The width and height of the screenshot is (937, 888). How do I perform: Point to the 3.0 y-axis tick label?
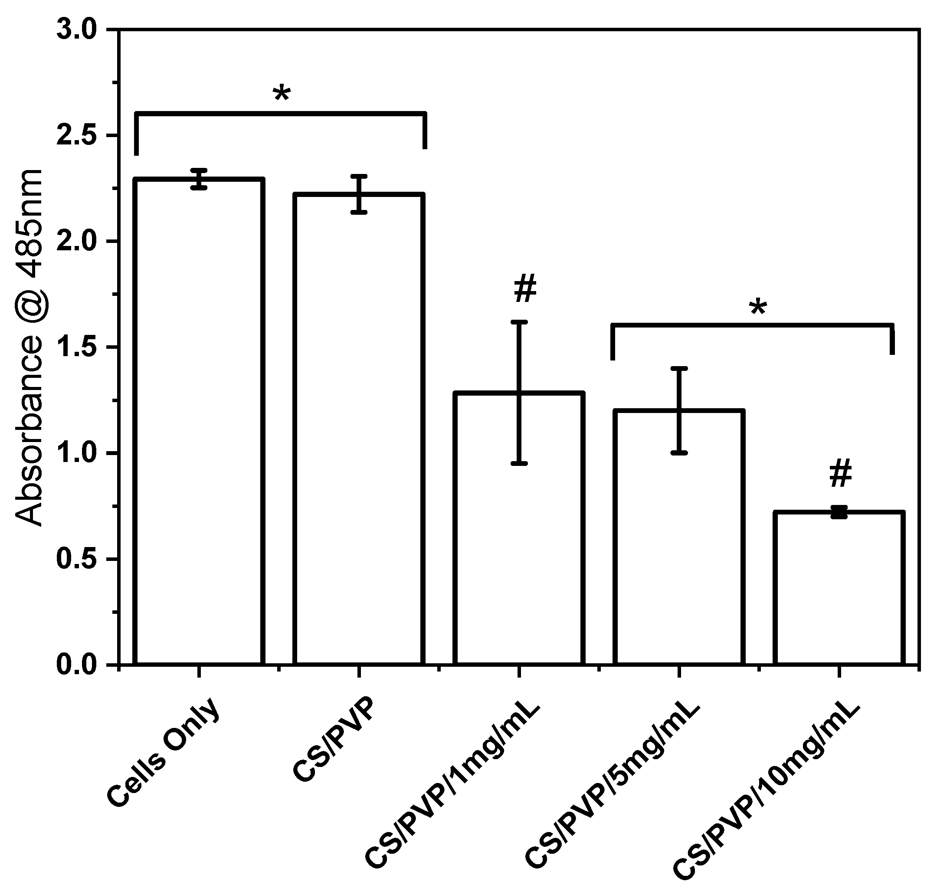click(x=76, y=29)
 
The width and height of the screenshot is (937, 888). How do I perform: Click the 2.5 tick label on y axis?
click(x=76, y=135)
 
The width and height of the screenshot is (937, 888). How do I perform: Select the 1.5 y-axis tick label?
click(x=76, y=347)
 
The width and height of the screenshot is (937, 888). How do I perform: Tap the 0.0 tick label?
click(x=76, y=665)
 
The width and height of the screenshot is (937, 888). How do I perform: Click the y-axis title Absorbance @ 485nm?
click(x=29, y=347)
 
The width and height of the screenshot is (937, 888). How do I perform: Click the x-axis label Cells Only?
click(x=163, y=753)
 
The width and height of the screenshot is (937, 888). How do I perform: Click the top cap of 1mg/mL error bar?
click(x=519, y=322)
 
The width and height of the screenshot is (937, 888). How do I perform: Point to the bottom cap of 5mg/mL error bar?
click(x=679, y=453)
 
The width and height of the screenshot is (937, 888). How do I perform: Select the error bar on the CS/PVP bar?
click(x=359, y=194)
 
